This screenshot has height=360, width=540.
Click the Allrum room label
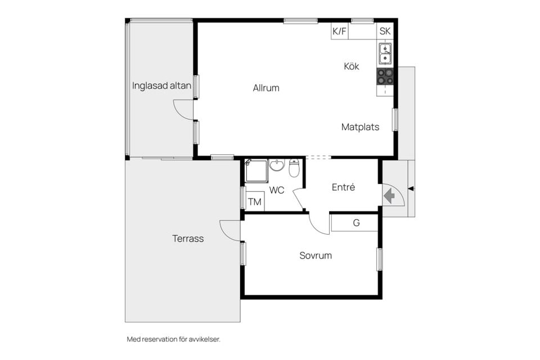coord(266,88)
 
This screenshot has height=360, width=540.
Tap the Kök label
coord(351,66)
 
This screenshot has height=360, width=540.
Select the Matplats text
coord(360,127)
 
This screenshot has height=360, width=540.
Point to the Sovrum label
coord(316,255)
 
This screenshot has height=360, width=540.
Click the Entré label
coord(343,187)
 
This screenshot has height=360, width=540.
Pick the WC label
coord(277,190)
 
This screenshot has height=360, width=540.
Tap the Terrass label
coord(188,238)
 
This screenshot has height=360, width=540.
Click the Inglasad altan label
coord(161,85)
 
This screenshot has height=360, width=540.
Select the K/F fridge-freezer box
coord(340,31)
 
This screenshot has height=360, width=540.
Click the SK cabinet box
coord(385,31)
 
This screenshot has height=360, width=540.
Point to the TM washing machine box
coord(254,201)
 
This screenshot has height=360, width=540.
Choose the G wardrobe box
coord(355,223)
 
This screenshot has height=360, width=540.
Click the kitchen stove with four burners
coord(385,77)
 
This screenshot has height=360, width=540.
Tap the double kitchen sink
coord(385,53)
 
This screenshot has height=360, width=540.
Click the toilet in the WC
coord(294,168)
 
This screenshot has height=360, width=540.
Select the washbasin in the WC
coord(277,165)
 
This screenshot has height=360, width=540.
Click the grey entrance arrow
coord(389,196)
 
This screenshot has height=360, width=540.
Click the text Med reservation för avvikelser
coord(174,339)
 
